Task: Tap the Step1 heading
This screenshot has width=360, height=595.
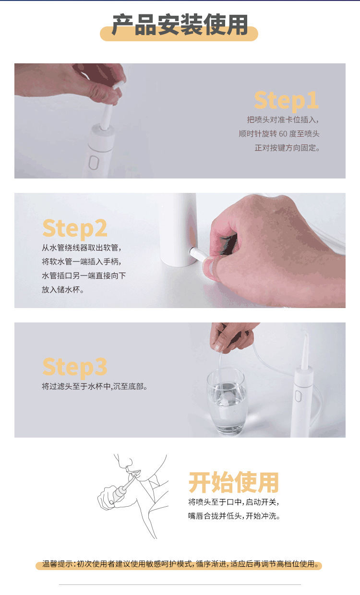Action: (x=286, y=100)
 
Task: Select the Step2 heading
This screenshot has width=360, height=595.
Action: (x=75, y=229)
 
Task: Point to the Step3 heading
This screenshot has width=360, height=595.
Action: (x=75, y=367)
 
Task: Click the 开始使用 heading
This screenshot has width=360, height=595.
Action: (x=234, y=482)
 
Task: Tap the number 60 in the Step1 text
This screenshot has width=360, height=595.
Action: (x=283, y=133)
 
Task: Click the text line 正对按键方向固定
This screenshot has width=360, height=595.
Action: (x=287, y=148)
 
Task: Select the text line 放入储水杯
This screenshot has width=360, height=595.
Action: (x=63, y=289)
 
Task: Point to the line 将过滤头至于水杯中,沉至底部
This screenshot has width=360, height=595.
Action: (x=94, y=386)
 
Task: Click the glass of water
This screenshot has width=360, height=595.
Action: (x=228, y=401)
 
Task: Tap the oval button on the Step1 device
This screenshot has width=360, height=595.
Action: (x=94, y=163)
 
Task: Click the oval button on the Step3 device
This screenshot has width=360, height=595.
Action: (x=298, y=396)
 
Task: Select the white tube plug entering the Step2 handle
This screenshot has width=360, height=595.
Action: (x=199, y=255)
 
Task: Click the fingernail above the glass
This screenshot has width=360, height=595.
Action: (x=218, y=347)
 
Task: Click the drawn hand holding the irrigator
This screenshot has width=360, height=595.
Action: (x=108, y=498)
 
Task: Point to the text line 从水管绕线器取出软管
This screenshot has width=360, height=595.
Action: (x=81, y=248)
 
